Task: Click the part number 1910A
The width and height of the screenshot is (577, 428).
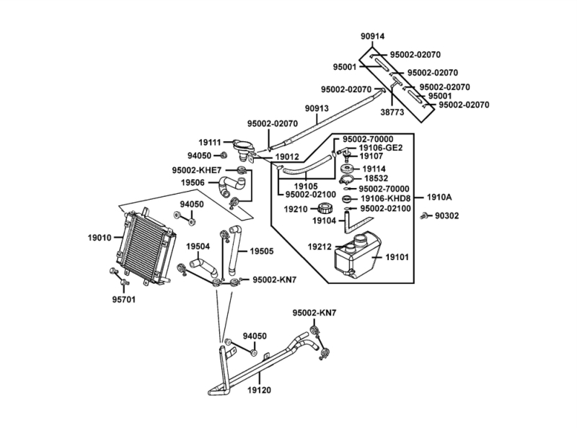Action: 439,196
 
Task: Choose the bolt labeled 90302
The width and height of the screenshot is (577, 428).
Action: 428,215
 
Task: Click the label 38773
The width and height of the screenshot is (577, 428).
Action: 392,113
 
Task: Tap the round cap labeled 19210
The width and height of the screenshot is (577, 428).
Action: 325,210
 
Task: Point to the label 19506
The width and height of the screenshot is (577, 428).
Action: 194,183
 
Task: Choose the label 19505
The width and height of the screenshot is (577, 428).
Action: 262,251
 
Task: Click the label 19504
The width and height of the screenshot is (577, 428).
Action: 198,246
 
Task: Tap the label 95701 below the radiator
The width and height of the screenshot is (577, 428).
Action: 123,298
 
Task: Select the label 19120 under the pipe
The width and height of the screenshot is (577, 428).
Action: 260,390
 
